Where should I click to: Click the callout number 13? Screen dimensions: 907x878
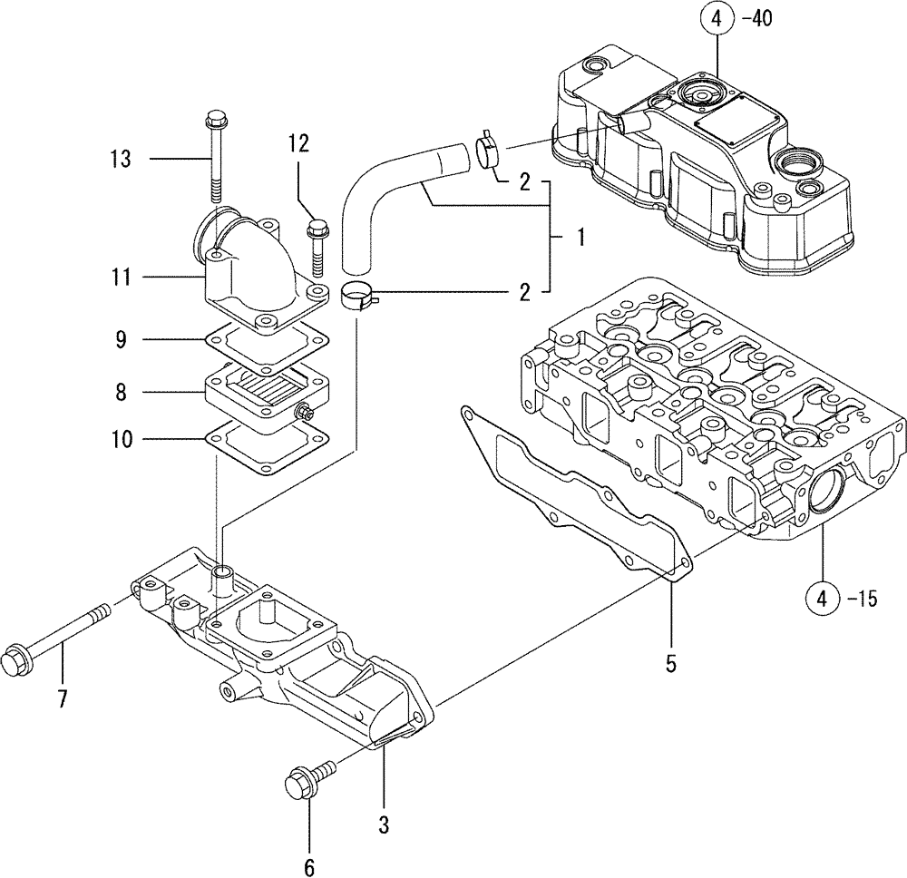[120, 160]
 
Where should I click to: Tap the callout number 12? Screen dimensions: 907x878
[299, 142]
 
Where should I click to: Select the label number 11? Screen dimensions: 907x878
[120, 277]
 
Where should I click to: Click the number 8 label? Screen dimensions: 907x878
[122, 393]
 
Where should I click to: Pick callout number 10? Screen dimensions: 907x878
[120, 440]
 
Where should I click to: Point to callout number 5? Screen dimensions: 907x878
[670, 665]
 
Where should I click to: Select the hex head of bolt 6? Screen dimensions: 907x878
[298, 783]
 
